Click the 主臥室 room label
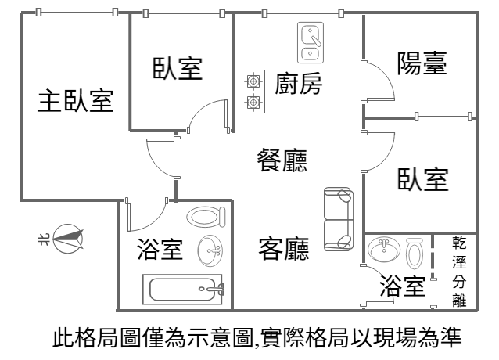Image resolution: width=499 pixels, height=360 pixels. pos(76,101)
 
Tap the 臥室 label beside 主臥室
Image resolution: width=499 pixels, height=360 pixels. pos(178,69)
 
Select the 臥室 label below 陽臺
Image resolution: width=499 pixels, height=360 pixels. pos(422,179)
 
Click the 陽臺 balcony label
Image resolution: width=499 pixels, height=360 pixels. pos(422,63)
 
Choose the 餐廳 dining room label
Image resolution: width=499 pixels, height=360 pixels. pos(282,161)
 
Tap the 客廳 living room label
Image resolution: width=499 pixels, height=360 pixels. pos(283,249)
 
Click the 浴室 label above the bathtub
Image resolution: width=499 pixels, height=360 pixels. pos(160,250)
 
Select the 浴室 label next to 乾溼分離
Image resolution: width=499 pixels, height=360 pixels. pos(402,286)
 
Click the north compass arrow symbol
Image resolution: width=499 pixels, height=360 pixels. pos(68,238)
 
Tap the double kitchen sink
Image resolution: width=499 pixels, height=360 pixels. pos(311,42)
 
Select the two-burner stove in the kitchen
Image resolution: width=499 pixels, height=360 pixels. pos(253,91)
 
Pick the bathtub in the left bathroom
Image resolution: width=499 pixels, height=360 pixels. pos(182,289)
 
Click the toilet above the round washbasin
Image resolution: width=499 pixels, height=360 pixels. pos(205,217)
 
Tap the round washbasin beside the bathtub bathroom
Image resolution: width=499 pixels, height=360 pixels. pos(209,250)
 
